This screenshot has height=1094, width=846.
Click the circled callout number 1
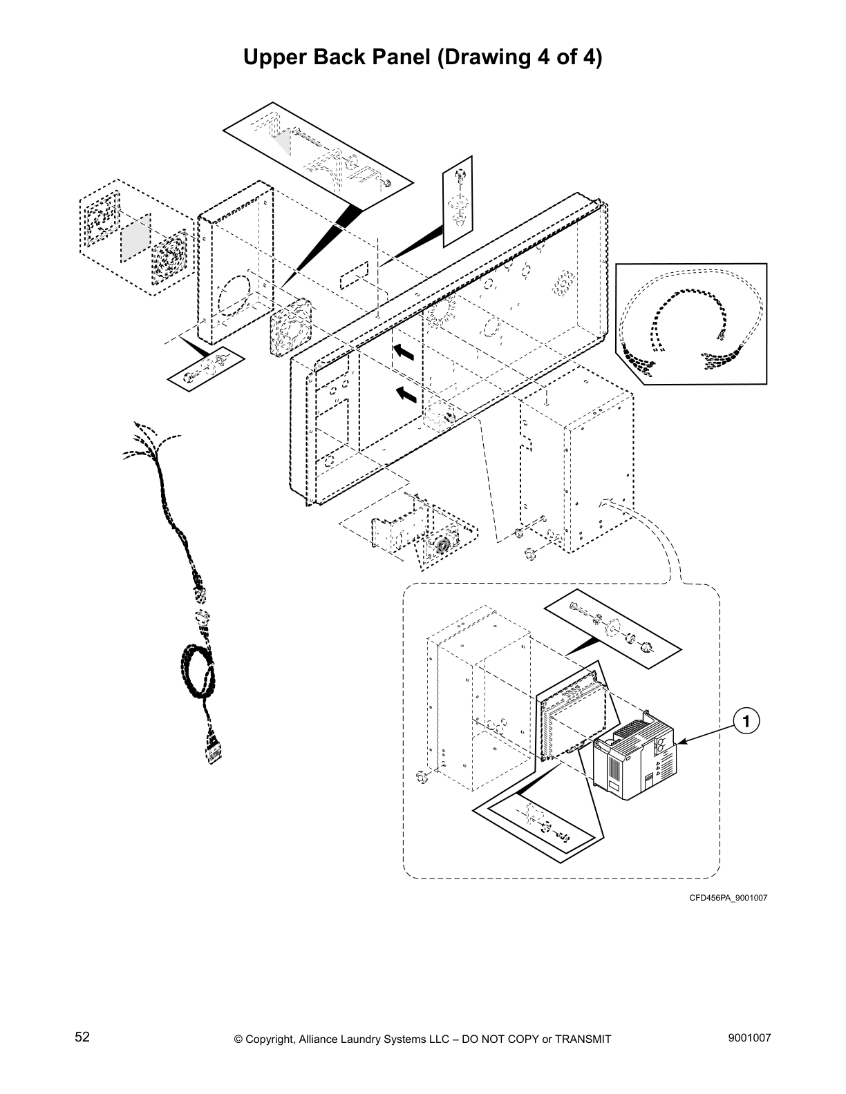746,722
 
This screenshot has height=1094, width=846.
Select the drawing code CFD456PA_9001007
728,898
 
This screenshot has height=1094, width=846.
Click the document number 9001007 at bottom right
749,1037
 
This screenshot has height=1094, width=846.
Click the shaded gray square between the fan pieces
135,237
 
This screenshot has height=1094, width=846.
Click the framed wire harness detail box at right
690,323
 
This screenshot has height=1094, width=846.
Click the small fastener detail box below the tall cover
205,368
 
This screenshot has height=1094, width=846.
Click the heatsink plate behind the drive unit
571,718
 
